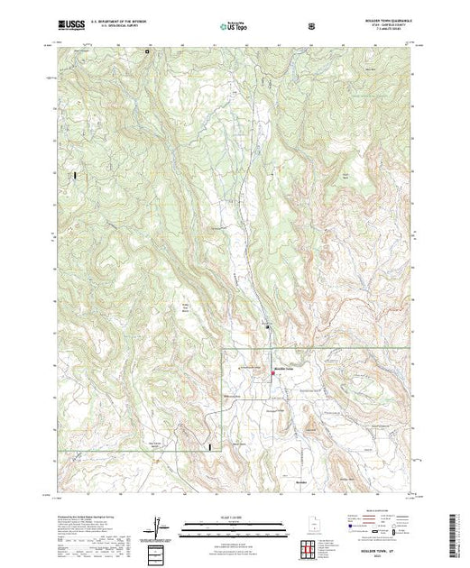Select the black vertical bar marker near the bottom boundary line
tap(210, 445)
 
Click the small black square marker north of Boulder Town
tap(266, 323)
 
